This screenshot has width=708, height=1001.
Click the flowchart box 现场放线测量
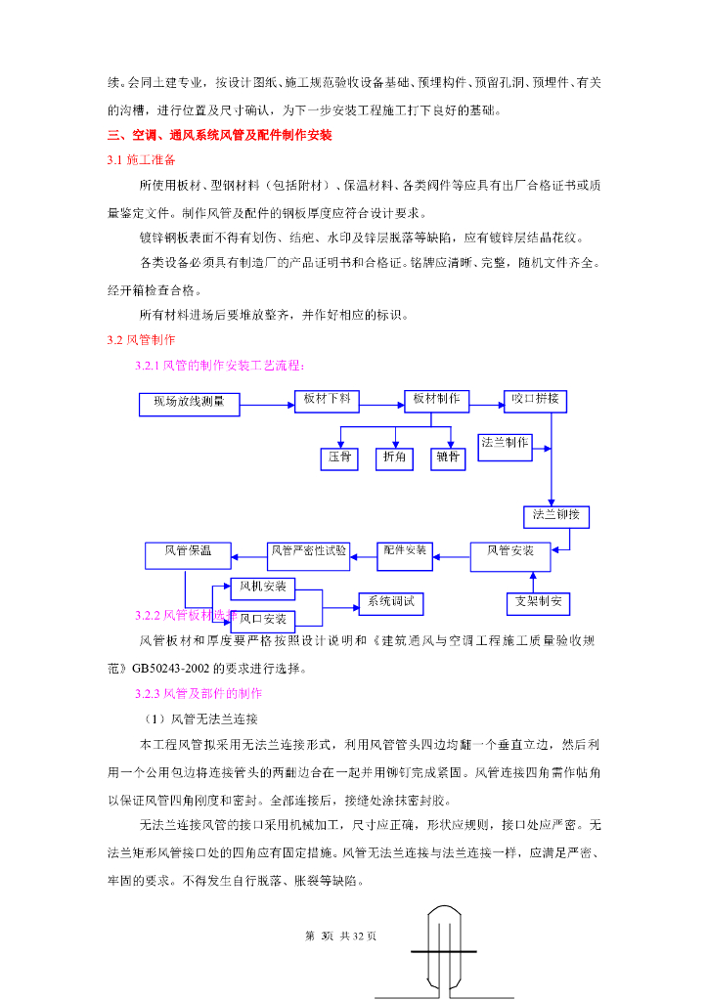click(x=189, y=403)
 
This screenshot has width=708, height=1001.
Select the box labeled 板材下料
click(x=328, y=400)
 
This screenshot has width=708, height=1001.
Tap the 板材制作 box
click(x=436, y=400)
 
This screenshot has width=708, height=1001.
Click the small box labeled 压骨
click(x=339, y=457)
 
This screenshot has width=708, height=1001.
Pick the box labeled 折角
click(x=395, y=457)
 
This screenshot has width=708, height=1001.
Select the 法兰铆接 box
click(x=555, y=516)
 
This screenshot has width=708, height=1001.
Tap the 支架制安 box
click(x=537, y=603)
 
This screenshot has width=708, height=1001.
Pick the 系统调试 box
click(x=390, y=603)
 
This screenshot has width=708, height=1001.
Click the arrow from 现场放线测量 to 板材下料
click(x=267, y=403)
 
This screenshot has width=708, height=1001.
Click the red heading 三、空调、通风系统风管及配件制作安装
click(x=220, y=135)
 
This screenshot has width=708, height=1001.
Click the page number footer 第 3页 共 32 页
click(x=341, y=936)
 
